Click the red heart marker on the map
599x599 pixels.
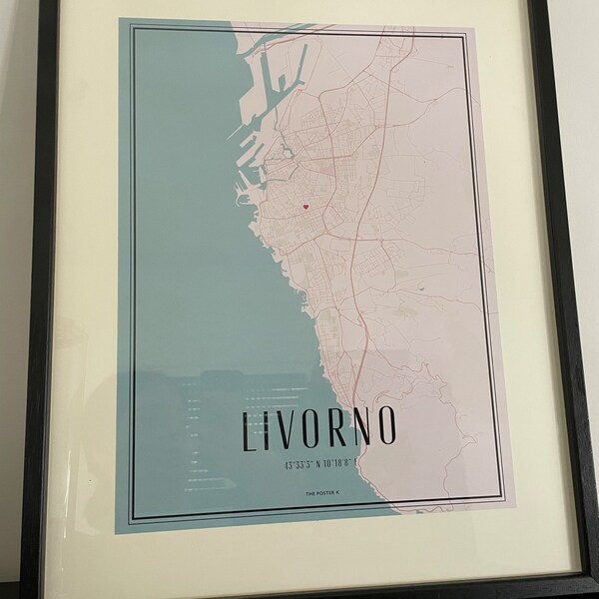[x=306, y=208]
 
